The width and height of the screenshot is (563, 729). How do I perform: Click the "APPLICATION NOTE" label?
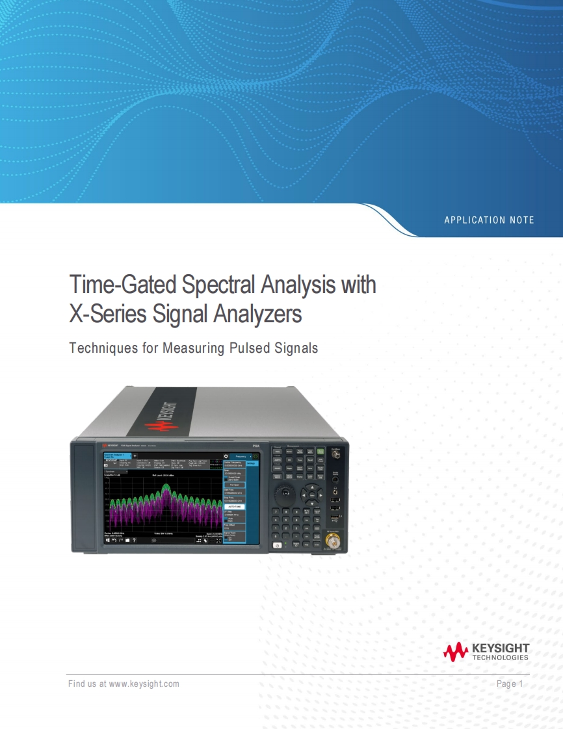pos(489,220)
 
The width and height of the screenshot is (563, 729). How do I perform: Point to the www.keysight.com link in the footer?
pos(144,684)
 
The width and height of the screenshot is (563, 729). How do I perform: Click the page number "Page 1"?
pos(509,684)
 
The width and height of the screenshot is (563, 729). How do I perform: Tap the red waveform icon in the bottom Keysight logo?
pos(456,651)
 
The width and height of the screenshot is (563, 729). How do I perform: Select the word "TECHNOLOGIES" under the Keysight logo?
pos(500,658)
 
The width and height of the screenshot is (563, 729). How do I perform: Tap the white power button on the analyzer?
pos(278,545)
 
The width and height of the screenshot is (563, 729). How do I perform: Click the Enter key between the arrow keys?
pos(312,495)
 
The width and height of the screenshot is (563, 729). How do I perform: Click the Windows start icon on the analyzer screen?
pos(108,539)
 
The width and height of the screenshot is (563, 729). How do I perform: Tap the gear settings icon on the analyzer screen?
pos(226,457)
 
